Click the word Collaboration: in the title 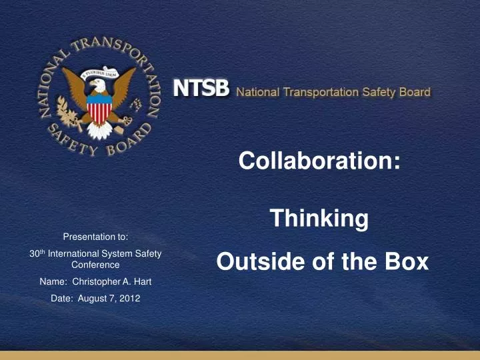pos(320,161)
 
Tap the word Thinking pos(319,218)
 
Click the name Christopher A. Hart pos(111,282)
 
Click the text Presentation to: pos(95,236)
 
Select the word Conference pos(95,265)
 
